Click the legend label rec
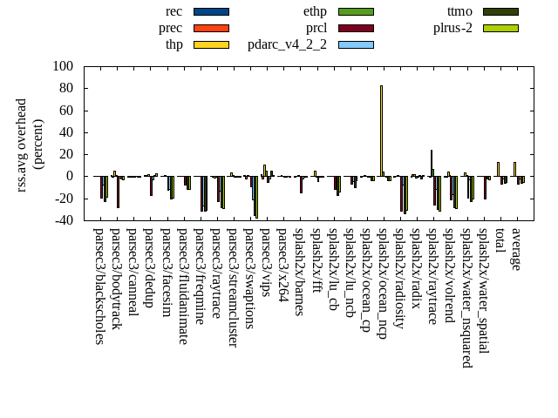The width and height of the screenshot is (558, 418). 174,11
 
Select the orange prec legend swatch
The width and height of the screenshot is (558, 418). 211,28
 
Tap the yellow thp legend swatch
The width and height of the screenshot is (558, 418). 211,44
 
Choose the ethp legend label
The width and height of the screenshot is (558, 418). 315,11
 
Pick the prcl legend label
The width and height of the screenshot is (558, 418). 316,28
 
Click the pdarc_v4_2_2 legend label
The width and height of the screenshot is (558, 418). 287,44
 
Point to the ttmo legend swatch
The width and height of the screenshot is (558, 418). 500,11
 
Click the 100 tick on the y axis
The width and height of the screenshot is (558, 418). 63,66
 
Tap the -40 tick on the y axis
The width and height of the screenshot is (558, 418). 63,220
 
